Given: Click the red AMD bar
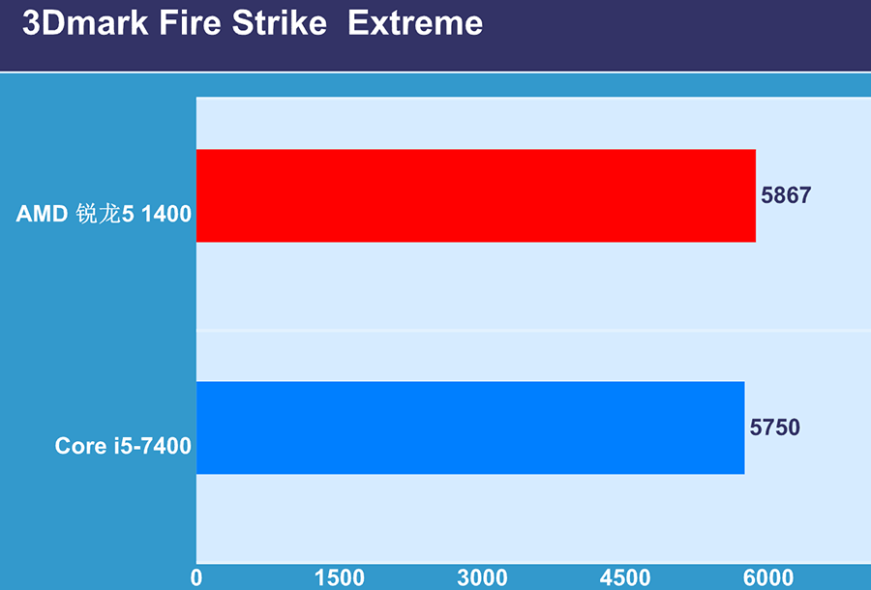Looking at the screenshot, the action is coord(476,195).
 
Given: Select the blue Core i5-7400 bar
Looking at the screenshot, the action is coord(470,428).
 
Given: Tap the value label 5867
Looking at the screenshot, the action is coord(786,195).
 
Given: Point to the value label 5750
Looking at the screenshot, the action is coord(775,428).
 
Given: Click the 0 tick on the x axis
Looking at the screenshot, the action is coord(196,577).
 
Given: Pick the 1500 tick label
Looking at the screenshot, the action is coord(340,577).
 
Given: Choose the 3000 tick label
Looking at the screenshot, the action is coord(482,577).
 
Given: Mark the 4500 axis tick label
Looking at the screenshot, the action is coord(625,577).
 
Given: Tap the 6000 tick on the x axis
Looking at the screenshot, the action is coord(768,577).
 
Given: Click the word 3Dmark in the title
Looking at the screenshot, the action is coord(85,23).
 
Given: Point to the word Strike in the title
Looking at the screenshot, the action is coord(280,23).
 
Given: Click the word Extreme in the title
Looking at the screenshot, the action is coord(415,23).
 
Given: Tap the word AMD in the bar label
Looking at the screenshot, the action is coord(43,214).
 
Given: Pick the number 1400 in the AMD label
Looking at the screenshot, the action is coord(166,214).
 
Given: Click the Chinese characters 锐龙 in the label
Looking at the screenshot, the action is coord(99,214).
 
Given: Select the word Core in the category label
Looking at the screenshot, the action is coord(80,446).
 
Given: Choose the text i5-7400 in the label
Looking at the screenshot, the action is coord(152,446).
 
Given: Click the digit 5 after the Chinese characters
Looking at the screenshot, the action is coord(128,214).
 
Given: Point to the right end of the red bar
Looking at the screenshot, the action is coord(756,195).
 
